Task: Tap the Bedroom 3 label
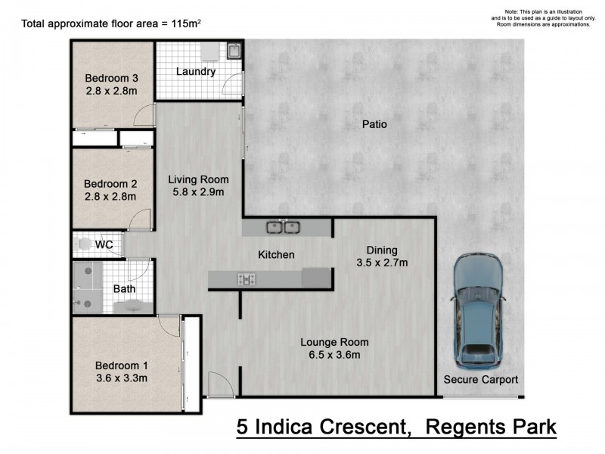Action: (110, 78)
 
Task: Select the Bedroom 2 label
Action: (110, 184)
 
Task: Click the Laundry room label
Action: (196, 72)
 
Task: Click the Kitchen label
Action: (276, 255)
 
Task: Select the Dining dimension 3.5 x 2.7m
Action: (382, 263)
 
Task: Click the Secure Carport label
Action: (481, 380)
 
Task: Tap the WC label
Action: (104, 245)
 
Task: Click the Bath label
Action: (124, 288)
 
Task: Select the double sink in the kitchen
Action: (282, 226)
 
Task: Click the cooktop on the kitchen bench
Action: (247, 279)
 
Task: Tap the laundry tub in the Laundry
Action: (234, 51)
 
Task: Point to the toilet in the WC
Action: (82, 245)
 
